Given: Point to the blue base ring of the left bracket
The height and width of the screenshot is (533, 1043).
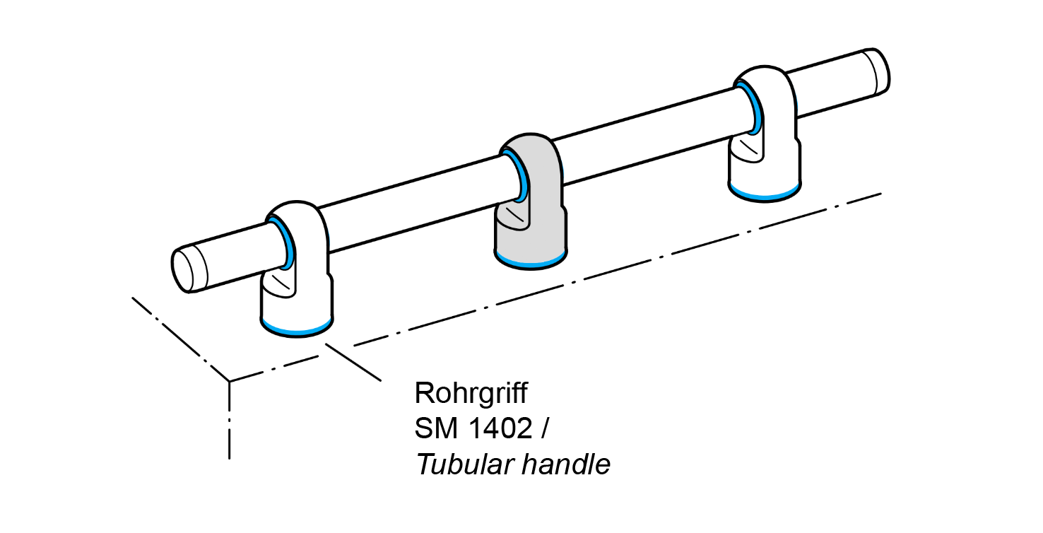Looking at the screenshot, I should (x=297, y=329).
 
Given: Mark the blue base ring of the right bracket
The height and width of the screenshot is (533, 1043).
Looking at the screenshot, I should (x=765, y=193).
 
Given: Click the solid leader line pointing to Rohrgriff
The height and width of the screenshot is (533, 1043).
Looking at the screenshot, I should (x=353, y=362).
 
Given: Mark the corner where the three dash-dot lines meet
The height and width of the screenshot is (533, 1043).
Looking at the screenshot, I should (x=230, y=382).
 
